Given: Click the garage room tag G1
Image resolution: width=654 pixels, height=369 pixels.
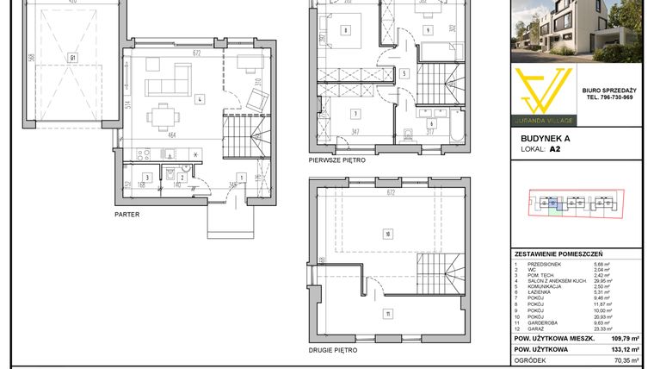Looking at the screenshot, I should tap(72, 59).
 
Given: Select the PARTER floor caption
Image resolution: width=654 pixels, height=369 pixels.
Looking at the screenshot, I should tap(127, 214).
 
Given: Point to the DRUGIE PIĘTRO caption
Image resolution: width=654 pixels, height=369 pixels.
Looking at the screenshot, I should tap(334, 351).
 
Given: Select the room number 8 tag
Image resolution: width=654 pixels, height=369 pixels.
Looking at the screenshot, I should tap(345, 31).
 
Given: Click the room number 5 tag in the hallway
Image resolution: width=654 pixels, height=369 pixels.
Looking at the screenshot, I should tap(404, 73).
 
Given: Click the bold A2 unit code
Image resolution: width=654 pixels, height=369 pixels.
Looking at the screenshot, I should tap(556, 148).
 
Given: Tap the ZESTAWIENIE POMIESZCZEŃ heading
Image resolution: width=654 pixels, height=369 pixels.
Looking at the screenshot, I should tap(558, 255).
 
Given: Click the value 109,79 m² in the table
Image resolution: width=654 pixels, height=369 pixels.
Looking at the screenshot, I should tap(625, 339).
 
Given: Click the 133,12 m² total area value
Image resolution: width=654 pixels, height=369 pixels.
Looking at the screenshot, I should tap(625, 350).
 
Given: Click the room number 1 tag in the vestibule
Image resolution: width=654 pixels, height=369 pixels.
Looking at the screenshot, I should tap(242, 178).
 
